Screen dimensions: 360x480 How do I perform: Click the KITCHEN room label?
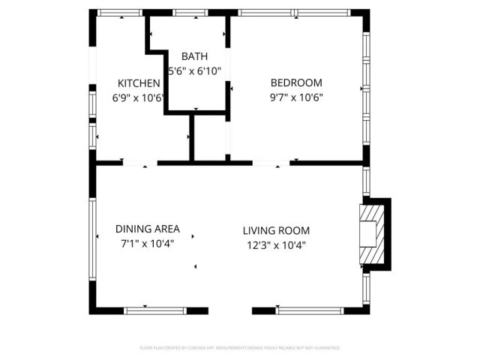tap(139, 83)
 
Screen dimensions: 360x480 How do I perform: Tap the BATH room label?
tap(195, 56)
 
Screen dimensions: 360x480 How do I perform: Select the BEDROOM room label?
tap(296, 82)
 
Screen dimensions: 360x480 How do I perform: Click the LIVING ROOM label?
tap(276, 231)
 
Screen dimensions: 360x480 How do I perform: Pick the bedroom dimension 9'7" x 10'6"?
tap(296, 97)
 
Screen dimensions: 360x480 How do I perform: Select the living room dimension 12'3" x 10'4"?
tap(276, 245)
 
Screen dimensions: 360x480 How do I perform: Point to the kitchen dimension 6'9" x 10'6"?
tap(139, 97)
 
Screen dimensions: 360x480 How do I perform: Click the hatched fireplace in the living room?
tap(368, 234)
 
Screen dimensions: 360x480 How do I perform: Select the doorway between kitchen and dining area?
tap(139, 162)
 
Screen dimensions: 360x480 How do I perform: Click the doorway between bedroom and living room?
tap(270, 162)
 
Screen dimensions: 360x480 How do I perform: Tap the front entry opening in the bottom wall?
tap(229, 310)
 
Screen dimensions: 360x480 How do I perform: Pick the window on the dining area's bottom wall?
tap(145, 310)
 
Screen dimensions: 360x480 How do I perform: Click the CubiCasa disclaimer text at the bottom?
tap(240, 348)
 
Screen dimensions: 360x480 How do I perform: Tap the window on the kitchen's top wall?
tap(121, 13)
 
